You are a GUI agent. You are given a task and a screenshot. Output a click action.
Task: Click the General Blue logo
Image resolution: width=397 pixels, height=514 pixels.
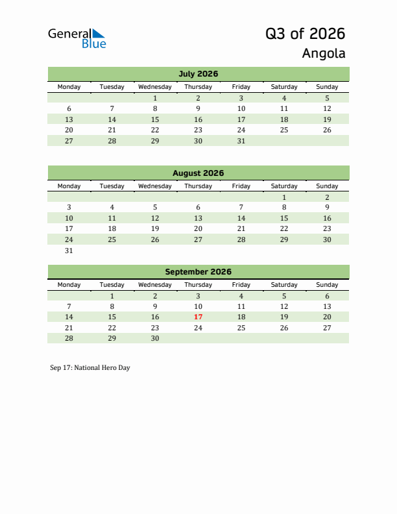[77, 38]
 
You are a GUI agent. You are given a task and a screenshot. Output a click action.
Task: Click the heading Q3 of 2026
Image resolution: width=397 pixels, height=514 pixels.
[305, 34]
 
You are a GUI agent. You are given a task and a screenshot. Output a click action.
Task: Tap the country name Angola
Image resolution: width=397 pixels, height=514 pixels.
[323, 53]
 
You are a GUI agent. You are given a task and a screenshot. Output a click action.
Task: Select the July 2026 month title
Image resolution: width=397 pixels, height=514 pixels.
[198, 74]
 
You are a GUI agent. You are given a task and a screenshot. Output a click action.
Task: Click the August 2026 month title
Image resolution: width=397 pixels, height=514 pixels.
[198, 173]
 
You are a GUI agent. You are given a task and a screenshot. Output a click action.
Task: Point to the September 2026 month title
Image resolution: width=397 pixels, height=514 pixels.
[198, 272]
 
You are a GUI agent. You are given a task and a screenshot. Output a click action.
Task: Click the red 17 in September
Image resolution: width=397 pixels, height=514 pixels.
[198, 317]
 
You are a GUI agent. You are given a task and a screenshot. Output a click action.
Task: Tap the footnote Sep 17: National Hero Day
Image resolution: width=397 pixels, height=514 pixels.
[90, 368]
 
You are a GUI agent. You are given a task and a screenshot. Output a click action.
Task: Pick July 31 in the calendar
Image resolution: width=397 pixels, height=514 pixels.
[241, 141]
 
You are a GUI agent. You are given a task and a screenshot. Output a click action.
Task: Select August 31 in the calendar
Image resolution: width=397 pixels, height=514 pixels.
[69, 251]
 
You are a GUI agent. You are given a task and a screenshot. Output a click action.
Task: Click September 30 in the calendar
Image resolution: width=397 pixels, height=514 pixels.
[155, 338]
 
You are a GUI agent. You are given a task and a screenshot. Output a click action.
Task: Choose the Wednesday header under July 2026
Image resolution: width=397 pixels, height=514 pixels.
[155, 87]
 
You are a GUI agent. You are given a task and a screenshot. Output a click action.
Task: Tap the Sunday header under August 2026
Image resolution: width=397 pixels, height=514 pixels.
[327, 186]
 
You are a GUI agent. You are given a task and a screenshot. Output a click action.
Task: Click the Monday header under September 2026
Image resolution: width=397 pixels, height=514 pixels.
[69, 285]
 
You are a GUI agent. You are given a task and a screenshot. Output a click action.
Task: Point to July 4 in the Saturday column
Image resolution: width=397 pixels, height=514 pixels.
[283, 98]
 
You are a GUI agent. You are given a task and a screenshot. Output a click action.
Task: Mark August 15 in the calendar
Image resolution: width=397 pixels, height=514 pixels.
[283, 219]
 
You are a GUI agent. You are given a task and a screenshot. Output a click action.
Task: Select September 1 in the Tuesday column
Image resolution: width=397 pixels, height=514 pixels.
[112, 296]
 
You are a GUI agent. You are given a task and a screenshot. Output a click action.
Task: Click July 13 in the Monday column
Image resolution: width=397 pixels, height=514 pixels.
[69, 119]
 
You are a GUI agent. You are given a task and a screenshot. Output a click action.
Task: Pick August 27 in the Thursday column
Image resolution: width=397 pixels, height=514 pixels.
[198, 239]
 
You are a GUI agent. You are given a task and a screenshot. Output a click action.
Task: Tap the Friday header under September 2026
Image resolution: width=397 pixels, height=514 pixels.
[241, 285]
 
